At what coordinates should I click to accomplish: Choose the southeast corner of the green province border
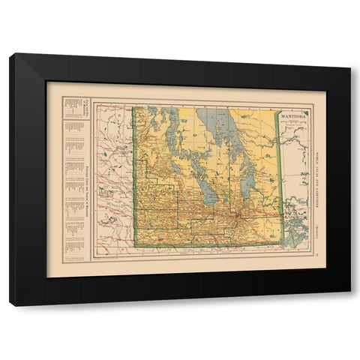(x=283, y=244)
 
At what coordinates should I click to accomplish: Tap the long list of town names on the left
(x=73, y=187)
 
